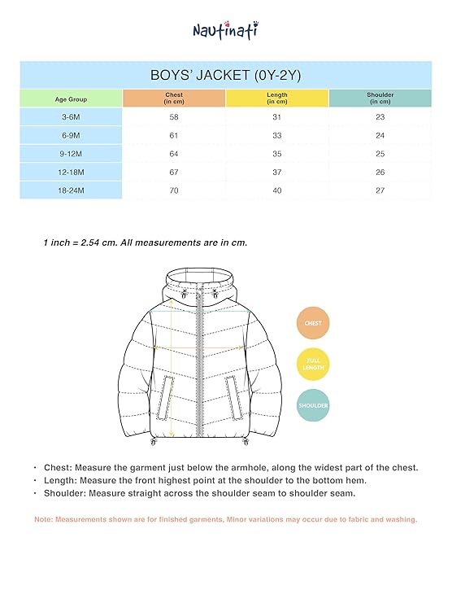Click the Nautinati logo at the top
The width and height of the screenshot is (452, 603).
coord(226,30)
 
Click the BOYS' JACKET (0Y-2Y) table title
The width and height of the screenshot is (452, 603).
coord(226,74)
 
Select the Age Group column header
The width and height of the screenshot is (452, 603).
coord(71,98)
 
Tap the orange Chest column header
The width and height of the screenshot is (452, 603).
coord(174,98)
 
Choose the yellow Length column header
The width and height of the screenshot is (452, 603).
coord(277,98)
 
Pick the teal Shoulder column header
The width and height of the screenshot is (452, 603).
coord(380,98)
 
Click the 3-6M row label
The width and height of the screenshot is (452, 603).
coord(71,118)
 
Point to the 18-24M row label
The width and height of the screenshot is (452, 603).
coord(71,190)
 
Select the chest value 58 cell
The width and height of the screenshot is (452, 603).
coord(174,118)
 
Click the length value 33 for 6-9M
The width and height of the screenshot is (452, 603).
coord(277,136)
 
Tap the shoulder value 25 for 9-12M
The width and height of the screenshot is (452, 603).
coord(380,154)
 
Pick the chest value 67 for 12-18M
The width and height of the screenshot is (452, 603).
coord(174,172)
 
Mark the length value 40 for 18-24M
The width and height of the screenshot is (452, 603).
coord(277,190)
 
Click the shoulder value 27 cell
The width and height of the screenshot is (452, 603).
coord(380,190)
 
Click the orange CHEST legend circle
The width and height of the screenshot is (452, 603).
coord(313,323)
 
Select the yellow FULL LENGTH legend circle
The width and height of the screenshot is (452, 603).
coord(313,364)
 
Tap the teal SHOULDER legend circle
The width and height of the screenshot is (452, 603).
coord(313,404)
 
